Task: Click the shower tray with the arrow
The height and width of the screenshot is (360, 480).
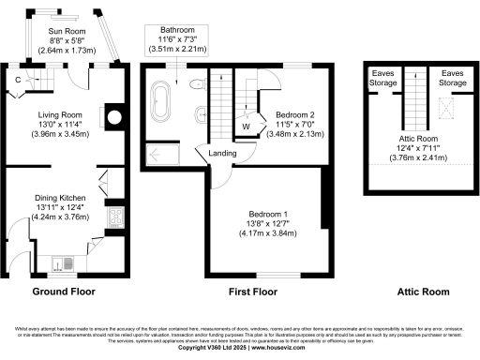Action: click(161, 152)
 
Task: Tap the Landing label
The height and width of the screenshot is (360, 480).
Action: click(222, 154)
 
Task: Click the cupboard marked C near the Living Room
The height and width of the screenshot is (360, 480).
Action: click(19, 80)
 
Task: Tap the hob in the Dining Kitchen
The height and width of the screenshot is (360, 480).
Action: click(113, 218)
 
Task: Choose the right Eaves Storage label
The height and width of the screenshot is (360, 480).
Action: click(453, 78)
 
